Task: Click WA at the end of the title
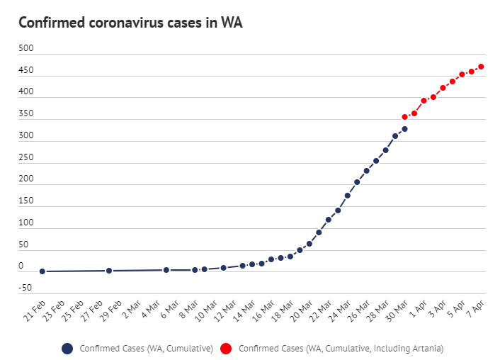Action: point(232,23)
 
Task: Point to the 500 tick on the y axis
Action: point(26,49)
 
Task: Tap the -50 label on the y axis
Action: point(25,288)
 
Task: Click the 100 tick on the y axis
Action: point(26,223)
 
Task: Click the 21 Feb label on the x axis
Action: point(35,310)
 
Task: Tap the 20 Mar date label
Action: point(302,310)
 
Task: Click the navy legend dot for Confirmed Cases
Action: point(67,348)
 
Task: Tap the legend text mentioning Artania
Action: point(341,348)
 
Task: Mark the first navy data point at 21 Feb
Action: point(42,271)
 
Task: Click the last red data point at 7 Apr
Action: point(481,67)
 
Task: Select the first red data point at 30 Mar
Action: point(404,117)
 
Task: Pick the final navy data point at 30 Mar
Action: point(404,129)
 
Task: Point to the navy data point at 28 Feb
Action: point(109,271)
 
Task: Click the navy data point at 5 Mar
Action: point(166,270)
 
